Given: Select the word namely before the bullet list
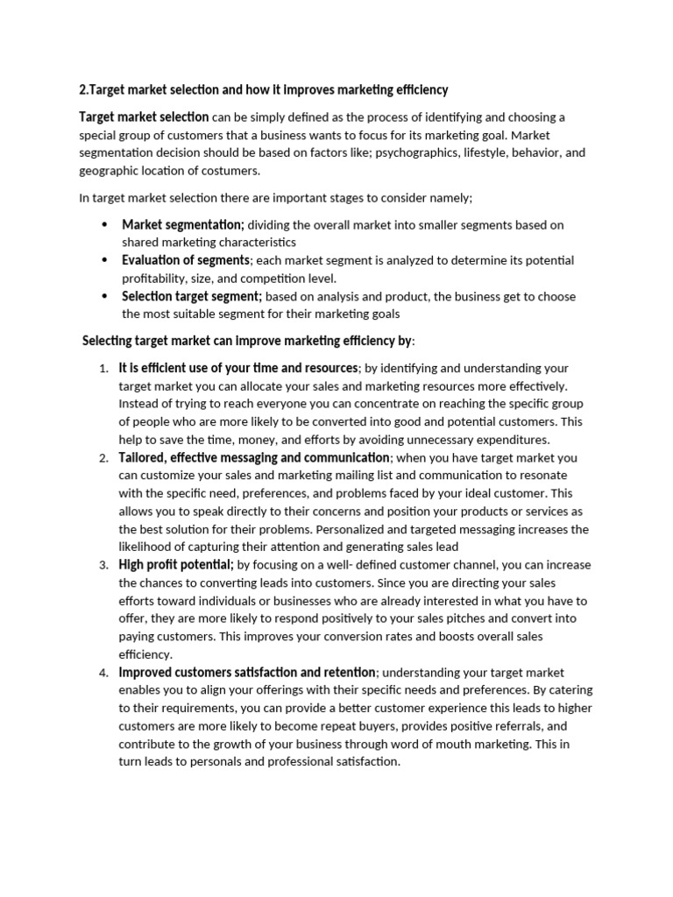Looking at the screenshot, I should pyautogui.click(x=450, y=198).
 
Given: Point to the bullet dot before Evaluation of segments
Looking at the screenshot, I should pyautogui.click(x=103, y=260).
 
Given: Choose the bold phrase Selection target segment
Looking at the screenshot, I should pyautogui.click(x=191, y=296).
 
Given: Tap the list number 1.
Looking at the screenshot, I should pyautogui.click(x=103, y=369).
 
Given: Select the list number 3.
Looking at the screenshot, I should pyautogui.click(x=103, y=566).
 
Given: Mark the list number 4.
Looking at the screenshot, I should pyautogui.click(x=103, y=674).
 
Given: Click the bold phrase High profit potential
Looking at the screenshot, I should pyautogui.click(x=175, y=565).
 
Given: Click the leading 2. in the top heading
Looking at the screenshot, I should pyautogui.click(x=84, y=90).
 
